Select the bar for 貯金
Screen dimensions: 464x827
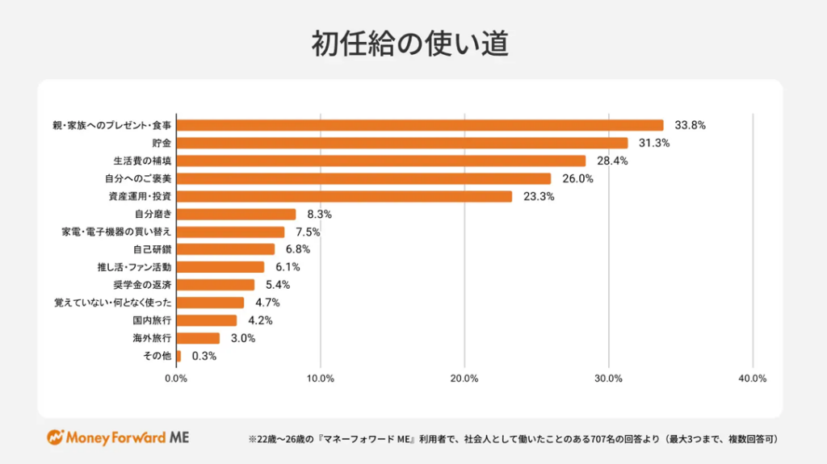click(x=401, y=143)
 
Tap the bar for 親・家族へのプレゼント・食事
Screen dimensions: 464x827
click(x=419, y=125)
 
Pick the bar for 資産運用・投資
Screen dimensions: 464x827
click(x=344, y=196)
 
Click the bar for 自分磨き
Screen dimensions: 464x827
click(x=236, y=214)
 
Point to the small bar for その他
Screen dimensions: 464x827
click(x=178, y=356)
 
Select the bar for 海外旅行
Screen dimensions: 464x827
click(x=198, y=338)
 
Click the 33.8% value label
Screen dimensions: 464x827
click(x=691, y=125)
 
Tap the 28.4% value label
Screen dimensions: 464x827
click(x=613, y=161)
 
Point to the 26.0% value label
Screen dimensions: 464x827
click(x=578, y=178)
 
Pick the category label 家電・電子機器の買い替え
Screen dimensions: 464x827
click(x=116, y=232)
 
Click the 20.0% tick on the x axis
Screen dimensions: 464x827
click(x=464, y=378)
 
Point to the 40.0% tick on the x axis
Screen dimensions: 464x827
click(x=753, y=378)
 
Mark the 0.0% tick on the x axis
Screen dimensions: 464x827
click(x=176, y=378)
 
